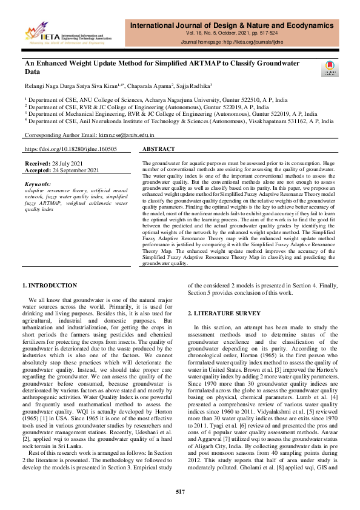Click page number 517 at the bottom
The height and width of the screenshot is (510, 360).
180,491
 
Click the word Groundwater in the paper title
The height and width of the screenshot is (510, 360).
285,63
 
